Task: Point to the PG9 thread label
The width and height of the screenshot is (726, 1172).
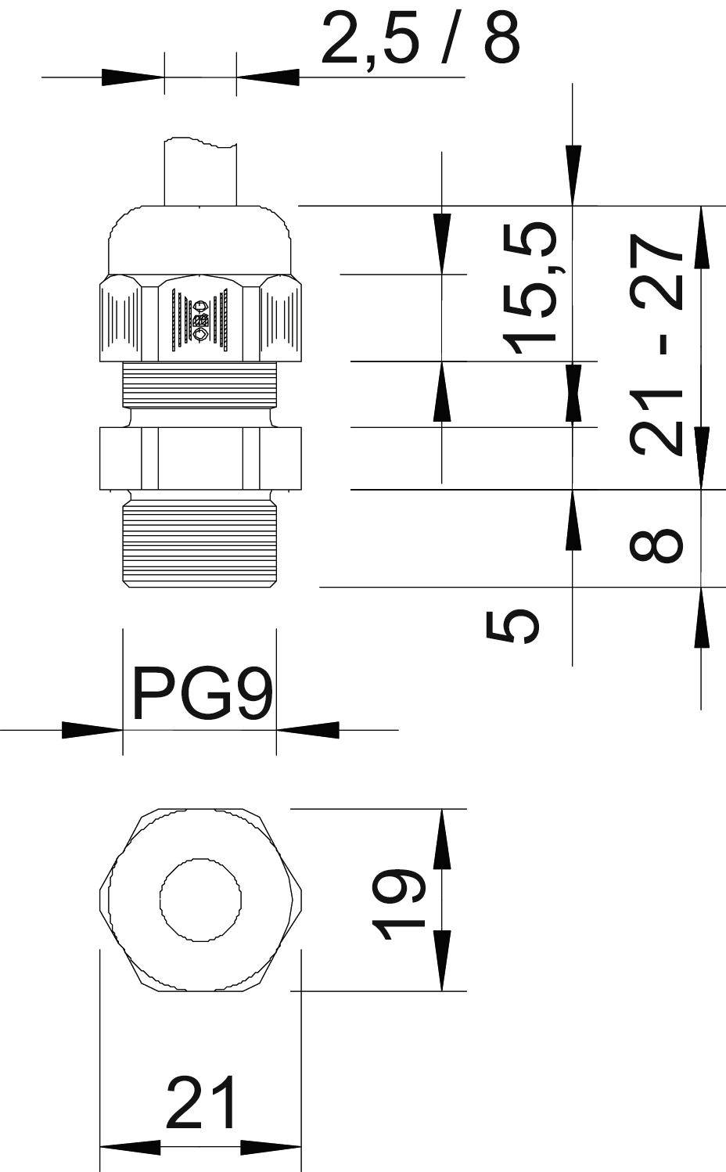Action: click(202, 692)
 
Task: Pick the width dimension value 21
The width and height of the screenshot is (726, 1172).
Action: click(200, 1103)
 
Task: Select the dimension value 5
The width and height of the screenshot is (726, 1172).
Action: click(513, 625)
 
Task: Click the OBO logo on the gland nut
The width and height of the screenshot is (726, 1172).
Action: click(200, 319)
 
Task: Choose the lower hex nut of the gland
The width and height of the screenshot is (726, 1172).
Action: click(200, 458)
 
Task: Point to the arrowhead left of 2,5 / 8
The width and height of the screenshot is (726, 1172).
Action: click(133, 77)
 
